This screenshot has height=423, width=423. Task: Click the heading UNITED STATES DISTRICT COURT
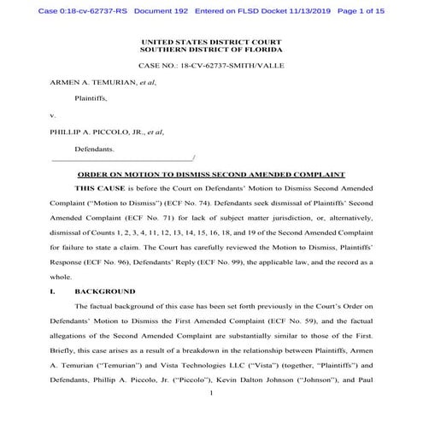click(211, 40)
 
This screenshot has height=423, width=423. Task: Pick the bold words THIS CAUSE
click(100, 186)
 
